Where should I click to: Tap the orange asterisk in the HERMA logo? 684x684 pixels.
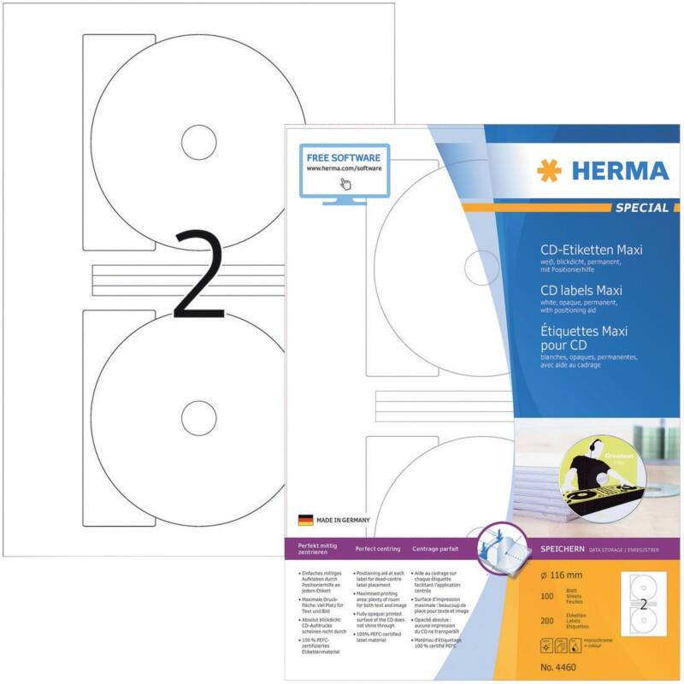pos(549,170)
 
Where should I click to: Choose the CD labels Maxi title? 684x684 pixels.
pos(569,291)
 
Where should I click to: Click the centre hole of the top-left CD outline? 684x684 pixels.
pos(198,140)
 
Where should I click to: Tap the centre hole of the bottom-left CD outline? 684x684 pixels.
pos(198,415)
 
